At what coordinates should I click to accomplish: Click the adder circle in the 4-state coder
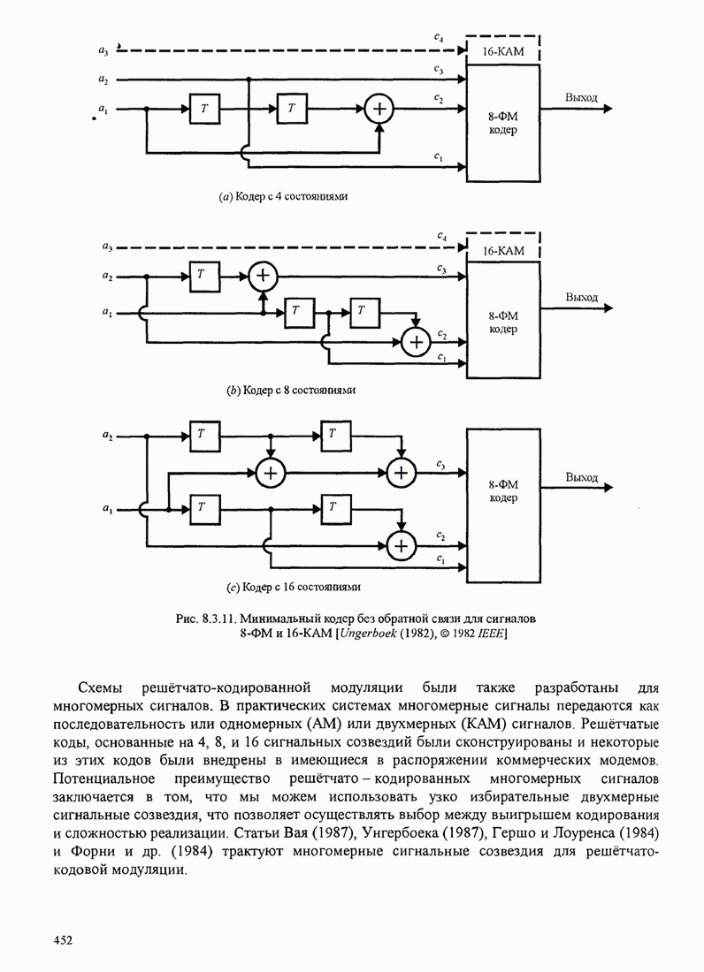[x=379, y=109]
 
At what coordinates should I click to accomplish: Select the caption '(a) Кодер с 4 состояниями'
[x=283, y=197]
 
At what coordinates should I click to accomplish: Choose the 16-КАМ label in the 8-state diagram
[x=503, y=251]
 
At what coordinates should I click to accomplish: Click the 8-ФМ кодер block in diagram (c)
[x=502, y=491]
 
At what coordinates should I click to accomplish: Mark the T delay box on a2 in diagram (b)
[x=202, y=276]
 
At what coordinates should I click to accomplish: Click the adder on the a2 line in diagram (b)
[x=262, y=277]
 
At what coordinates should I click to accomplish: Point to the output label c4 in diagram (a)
[x=439, y=37]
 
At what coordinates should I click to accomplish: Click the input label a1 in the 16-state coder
[x=107, y=508]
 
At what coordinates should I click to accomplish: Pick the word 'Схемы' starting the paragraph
[x=103, y=687]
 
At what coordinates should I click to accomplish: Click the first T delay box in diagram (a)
[x=204, y=109]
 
